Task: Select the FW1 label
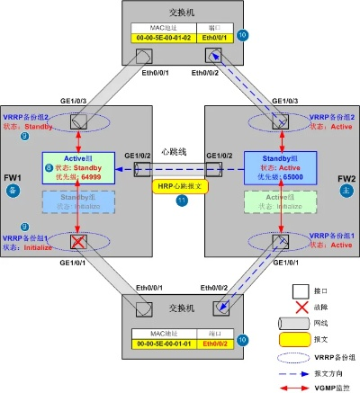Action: click(13, 178)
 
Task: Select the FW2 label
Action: click(347, 178)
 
